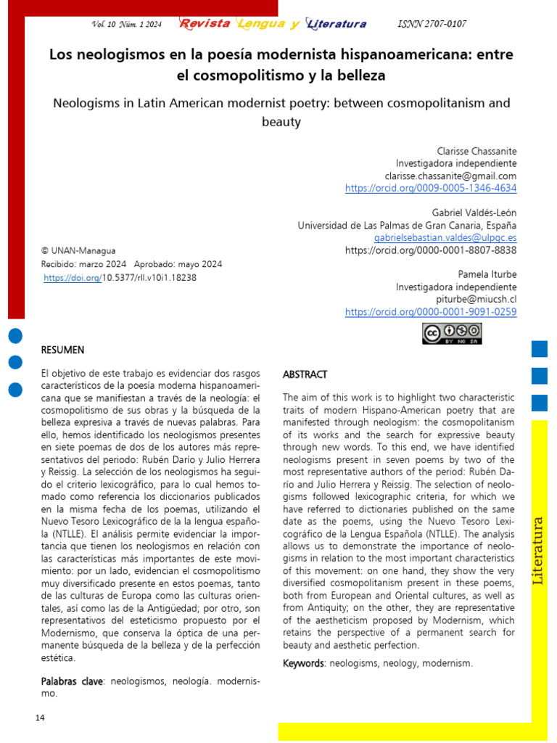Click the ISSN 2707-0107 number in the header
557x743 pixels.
(432, 24)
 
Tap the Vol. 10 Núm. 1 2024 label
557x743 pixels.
(127, 24)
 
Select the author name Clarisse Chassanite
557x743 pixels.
(476, 151)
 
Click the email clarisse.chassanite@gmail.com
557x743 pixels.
(450, 176)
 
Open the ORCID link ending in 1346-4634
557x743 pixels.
(431, 188)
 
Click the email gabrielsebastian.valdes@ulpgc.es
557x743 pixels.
(445, 237)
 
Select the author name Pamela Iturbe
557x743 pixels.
(487, 274)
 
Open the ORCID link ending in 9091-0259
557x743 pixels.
(431, 311)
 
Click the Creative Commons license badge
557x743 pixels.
(452, 334)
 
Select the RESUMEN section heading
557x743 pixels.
(62, 350)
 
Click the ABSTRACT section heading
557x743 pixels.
(305, 375)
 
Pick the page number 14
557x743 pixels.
(40, 718)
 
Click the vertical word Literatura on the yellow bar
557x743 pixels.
(538, 550)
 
